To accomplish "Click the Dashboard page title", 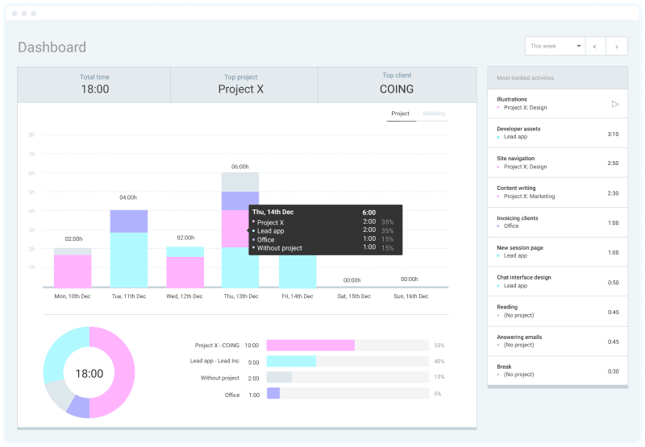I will click(52, 48).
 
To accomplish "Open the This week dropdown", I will click(554, 47).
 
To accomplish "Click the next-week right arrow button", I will click(617, 47).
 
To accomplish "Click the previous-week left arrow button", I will click(595, 47).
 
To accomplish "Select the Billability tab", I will click(434, 114).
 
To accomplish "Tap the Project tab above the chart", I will click(401, 114).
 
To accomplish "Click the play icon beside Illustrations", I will click(614, 104).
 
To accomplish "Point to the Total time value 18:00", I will click(94, 89).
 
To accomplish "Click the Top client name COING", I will click(397, 89).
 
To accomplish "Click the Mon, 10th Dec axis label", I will click(73, 296).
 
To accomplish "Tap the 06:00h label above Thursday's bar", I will click(240, 166).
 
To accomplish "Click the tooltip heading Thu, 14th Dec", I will click(276, 213).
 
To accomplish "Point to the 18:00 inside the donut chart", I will click(89, 374).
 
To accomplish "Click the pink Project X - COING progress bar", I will click(310, 345).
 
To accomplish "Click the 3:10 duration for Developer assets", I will click(613, 134).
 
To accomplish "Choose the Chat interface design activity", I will click(524, 277).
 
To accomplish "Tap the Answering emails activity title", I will click(519, 337).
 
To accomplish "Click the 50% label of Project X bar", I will click(439, 345).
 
